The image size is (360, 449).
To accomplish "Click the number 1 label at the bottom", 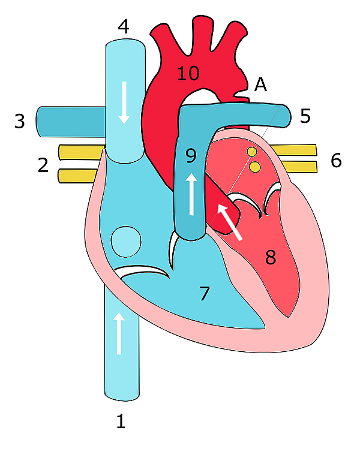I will (x=121, y=421).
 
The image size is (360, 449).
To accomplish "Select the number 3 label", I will (x=20, y=122).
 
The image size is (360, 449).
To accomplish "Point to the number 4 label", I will (x=124, y=26).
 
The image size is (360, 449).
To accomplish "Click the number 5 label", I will (x=305, y=115).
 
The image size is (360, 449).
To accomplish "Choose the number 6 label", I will (x=335, y=160).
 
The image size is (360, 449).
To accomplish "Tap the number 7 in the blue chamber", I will (x=205, y=294).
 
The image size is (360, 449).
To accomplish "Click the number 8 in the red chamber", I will (x=271, y=258).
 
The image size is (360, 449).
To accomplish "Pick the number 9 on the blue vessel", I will (x=191, y=156).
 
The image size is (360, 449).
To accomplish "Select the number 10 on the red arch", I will (x=187, y=74).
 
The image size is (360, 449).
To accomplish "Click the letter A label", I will (x=260, y=85).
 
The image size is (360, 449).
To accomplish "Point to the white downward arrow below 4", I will (x=125, y=102).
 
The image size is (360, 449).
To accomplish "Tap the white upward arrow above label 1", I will (x=119, y=333).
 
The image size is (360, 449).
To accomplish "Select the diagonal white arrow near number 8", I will (x=229, y=220).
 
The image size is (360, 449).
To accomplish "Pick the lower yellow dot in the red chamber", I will (x=255, y=167).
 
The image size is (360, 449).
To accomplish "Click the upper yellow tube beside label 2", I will (x=81, y=152).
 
